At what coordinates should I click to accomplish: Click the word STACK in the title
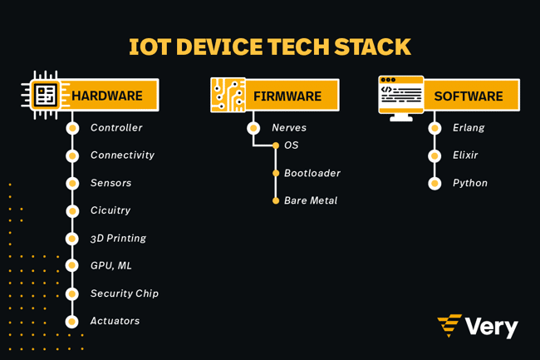click(x=373, y=47)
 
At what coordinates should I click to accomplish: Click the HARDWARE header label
click(x=107, y=96)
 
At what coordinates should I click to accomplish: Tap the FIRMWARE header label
click(x=287, y=96)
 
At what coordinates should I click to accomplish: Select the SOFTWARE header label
click(x=469, y=96)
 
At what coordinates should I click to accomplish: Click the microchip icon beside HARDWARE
click(x=45, y=95)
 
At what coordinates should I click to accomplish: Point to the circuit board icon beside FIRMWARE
click(x=228, y=95)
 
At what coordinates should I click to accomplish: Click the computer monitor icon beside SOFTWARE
click(x=401, y=99)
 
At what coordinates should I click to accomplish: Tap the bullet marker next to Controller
click(x=72, y=128)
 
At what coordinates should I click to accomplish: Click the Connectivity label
click(x=122, y=155)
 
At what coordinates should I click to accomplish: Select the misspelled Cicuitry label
click(x=110, y=210)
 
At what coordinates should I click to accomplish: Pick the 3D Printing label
click(x=118, y=239)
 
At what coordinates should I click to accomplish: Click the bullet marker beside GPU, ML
click(x=72, y=265)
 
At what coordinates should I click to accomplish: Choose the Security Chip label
click(x=125, y=293)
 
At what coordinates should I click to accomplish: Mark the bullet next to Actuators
click(x=72, y=322)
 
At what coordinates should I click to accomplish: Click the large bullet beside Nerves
click(x=253, y=128)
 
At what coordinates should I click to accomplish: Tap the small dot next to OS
click(x=276, y=145)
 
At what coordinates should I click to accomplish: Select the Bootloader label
click(x=312, y=173)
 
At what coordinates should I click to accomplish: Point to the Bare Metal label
click(x=311, y=200)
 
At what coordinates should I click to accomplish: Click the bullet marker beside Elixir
click(x=434, y=155)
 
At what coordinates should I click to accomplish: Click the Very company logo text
click(x=491, y=327)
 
